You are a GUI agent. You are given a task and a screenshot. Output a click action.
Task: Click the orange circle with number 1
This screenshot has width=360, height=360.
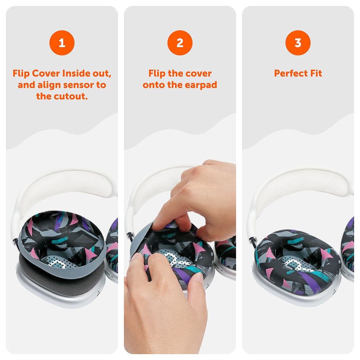[x=62, y=43]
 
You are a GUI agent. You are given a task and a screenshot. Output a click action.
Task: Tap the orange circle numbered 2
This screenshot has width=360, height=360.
[x=180, y=43]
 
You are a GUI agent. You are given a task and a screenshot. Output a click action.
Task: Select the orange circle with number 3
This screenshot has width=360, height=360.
[x=298, y=43]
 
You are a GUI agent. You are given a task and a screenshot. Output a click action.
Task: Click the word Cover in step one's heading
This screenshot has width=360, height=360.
[x=46, y=73]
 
